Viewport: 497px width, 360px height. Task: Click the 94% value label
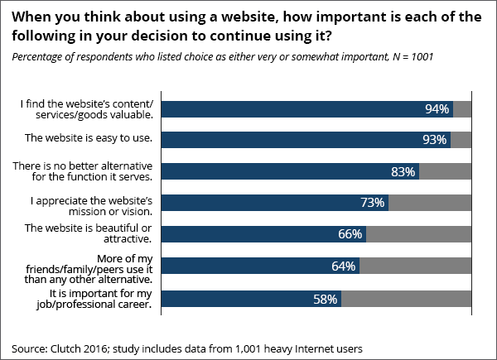(x=437, y=108)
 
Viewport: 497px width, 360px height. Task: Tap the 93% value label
(x=434, y=140)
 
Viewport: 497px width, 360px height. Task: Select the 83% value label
(x=403, y=171)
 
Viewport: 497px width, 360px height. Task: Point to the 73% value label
(x=372, y=203)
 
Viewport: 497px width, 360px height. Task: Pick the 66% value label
(x=350, y=234)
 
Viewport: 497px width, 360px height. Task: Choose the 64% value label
(x=343, y=266)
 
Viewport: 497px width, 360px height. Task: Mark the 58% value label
(x=325, y=298)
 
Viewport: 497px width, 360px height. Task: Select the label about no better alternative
(x=83, y=170)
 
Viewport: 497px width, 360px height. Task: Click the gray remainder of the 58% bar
(x=406, y=298)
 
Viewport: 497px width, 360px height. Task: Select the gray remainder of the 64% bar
(x=415, y=266)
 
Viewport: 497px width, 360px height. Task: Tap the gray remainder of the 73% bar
(x=429, y=203)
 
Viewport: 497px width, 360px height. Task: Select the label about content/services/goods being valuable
(x=89, y=108)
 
